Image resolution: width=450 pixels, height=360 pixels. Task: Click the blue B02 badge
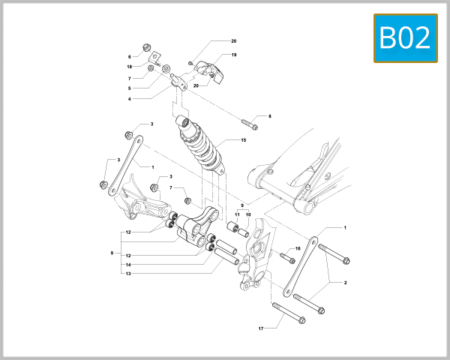(x=405, y=38)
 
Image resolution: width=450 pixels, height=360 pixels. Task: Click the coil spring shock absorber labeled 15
(x=201, y=142)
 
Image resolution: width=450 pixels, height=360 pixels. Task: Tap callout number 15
(x=243, y=140)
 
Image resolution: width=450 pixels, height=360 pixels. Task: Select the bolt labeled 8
(x=249, y=121)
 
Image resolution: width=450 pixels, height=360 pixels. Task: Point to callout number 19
(x=233, y=55)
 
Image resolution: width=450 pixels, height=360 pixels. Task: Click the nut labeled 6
(x=145, y=47)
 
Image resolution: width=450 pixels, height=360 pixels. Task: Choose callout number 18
(x=129, y=67)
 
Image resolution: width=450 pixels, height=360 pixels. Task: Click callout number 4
(x=129, y=98)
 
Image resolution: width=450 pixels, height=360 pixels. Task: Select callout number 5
(x=129, y=88)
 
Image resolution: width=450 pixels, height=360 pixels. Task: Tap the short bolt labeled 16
(x=287, y=257)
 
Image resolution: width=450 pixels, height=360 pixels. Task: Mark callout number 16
(x=298, y=248)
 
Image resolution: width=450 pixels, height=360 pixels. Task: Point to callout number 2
(x=345, y=283)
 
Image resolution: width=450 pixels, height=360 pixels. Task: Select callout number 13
(x=129, y=274)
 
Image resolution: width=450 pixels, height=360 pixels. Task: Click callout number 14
(x=129, y=265)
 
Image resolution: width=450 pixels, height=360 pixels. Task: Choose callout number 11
(x=237, y=214)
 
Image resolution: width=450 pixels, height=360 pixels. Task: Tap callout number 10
(x=248, y=214)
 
